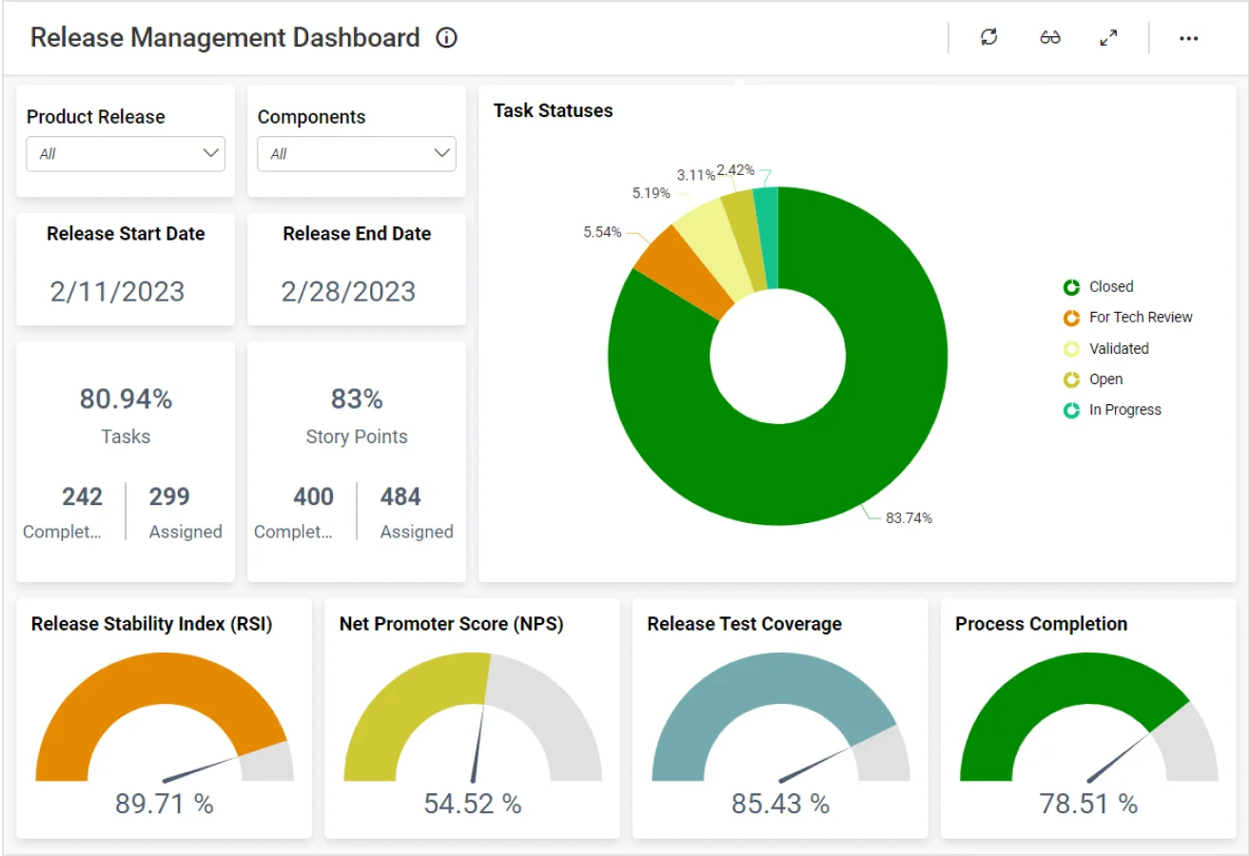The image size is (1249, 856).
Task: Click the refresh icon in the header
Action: pos(989,38)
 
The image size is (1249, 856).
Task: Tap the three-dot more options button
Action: pos(1188,38)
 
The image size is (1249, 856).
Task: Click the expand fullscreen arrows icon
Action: pos(1108,38)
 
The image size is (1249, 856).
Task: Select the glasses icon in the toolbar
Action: pos(1050,38)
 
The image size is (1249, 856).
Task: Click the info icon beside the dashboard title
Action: pos(446,38)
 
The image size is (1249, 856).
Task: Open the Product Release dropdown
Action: pos(126,154)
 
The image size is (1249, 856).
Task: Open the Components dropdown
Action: pos(357,154)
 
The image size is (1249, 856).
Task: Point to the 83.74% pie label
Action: pos(908,518)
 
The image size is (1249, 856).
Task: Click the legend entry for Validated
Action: pos(1118,349)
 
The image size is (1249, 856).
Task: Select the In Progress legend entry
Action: pos(1124,410)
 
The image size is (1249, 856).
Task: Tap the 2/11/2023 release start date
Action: pos(118,291)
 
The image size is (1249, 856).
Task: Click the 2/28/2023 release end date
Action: pos(348,291)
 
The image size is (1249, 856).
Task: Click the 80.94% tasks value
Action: pos(126,399)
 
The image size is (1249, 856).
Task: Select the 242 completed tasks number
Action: pos(82,496)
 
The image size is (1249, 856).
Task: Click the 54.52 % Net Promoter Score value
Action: pos(473,804)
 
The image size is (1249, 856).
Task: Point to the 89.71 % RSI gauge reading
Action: pos(165,804)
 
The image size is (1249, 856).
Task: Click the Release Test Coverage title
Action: pos(744,624)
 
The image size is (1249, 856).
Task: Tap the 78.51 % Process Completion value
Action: pos(1088,804)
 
